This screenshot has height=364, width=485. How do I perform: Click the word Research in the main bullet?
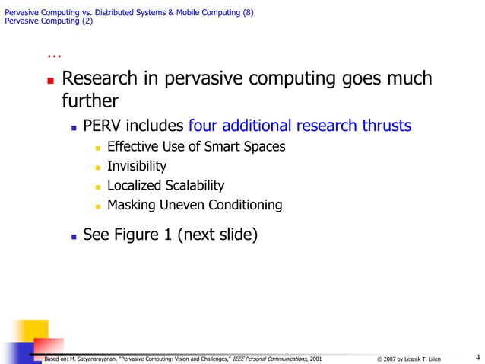100,79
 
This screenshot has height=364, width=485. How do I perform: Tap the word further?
90,101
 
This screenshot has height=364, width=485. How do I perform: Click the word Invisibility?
137,166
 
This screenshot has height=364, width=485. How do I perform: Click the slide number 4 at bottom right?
477,357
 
